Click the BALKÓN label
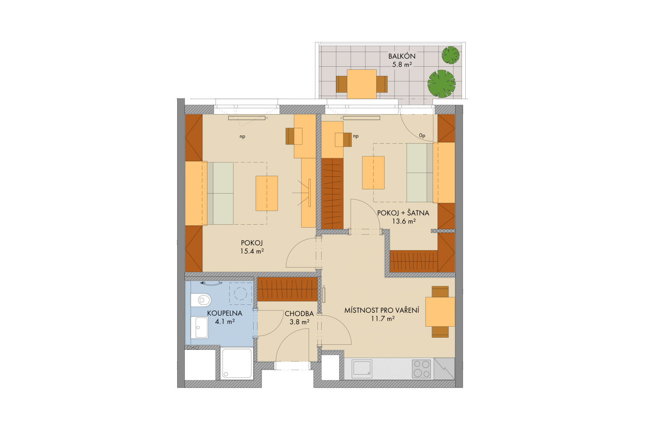[x=402, y=56]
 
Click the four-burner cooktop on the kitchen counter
[x=422, y=369]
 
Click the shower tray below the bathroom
[x=237, y=364]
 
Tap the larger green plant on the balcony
[x=441, y=84]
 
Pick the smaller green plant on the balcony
[x=451, y=55]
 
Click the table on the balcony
[x=362, y=84]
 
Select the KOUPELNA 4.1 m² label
[x=225, y=317]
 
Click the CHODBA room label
[x=299, y=314]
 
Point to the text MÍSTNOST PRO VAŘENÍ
[x=382, y=310]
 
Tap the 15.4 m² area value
[x=252, y=251]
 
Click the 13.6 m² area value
[x=404, y=221]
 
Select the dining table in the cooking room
[x=440, y=312]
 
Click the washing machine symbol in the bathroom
[x=241, y=294]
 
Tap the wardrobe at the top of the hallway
[x=287, y=289]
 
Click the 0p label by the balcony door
[x=422, y=135]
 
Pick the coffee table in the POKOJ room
[x=267, y=193]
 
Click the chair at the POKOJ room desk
[x=294, y=136]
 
